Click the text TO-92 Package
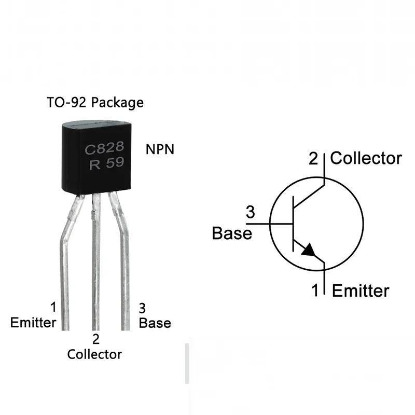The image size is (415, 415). [x=95, y=102]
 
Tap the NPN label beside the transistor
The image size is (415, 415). [x=160, y=150]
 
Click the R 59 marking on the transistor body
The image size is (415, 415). [x=106, y=165]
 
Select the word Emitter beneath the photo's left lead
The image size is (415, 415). [x=33, y=323]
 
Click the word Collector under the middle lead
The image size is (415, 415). [x=94, y=354]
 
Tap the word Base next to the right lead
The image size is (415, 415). [x=155, y=323]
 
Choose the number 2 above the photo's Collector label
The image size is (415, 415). [x=95, y=340]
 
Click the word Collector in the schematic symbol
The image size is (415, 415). [x=366, y=158]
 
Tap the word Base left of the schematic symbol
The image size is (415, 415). [x=232, y=233]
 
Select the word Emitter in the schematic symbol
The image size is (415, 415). [x=360, y=290]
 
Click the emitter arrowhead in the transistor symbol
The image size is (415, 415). [x=308, y=250]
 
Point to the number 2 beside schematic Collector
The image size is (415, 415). [x=313, y=158]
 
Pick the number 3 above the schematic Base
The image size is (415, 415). [x=250, y=212]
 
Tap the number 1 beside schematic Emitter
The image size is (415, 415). [x=315, y=290]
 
